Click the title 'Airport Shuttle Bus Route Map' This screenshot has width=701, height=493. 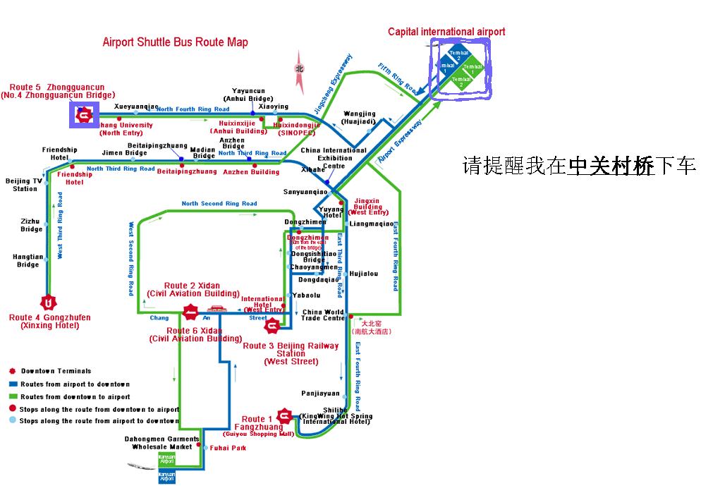(x=176, y=42)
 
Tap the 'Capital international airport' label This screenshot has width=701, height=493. (x=446, y=32)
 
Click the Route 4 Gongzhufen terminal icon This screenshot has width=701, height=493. (x=49, y=304)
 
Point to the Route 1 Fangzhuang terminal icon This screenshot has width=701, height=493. (x=284, y=417)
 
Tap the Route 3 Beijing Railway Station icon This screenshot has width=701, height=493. (x=272, y=325)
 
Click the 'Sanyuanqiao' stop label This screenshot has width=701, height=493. (x=305, y=192)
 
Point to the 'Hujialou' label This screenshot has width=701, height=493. (x=364, y=273)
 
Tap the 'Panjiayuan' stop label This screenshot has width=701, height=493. (x=320, y=394)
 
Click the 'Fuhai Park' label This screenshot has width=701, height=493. (x=227, y=448)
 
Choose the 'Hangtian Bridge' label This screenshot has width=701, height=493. (x=28, y=260)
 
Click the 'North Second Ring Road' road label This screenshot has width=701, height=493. (x=219, y=204)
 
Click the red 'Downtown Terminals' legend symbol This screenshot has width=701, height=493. (x=12, y=371)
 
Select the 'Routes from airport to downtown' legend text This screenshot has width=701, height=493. (x=75, y=384)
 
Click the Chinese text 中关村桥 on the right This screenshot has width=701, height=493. (x=611, y=166)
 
